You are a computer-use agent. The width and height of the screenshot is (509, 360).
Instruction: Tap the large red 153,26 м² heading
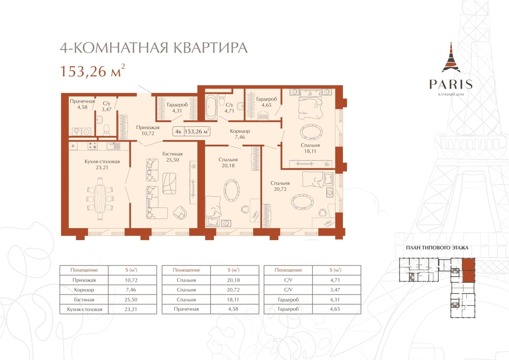pos(92,70)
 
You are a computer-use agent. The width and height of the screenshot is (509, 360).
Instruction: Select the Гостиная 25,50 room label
pos(172,157)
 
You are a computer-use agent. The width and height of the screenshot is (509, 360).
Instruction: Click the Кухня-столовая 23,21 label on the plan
pos(102,164)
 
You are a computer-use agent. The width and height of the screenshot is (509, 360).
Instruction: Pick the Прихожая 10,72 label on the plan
pos(148,130)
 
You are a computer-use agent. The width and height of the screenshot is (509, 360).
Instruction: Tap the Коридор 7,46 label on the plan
pos(240,134)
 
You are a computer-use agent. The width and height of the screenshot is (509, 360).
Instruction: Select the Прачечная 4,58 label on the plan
pos(82,104)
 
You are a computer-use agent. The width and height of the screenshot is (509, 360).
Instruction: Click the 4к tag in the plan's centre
pos(178,132)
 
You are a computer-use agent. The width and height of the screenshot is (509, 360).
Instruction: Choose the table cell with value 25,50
pos(131,300)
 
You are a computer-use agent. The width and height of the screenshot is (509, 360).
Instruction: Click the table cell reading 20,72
pos(233,290)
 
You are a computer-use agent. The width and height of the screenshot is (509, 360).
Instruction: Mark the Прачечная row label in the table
pos(186,309)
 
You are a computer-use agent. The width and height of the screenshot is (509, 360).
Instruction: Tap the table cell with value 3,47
pos(335,290)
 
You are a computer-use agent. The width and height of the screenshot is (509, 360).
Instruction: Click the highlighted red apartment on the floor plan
pos(468,270)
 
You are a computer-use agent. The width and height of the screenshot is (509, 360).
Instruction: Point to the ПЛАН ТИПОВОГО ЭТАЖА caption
pos(437,248)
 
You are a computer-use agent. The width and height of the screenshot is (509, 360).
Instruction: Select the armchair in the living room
pos(180,213)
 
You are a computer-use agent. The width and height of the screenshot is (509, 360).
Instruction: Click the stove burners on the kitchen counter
pos(93,146)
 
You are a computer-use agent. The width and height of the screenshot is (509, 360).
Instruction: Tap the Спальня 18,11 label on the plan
pos(310,148)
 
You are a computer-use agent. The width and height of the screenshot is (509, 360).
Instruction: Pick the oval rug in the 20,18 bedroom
pos(231,190)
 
